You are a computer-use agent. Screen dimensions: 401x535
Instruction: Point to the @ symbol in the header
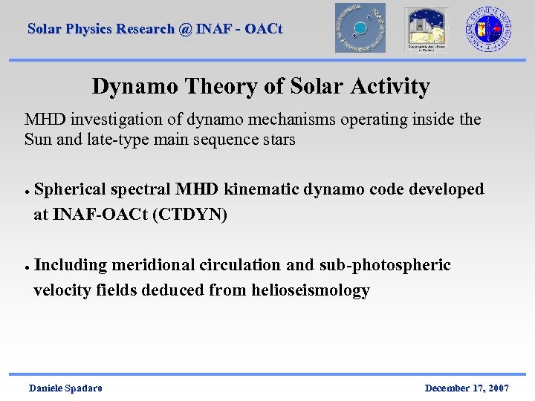[x=185, y=29]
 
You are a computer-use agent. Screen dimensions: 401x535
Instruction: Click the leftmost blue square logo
[x=360, y=28]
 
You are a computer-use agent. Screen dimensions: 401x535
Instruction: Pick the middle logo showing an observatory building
[x=426, y=29]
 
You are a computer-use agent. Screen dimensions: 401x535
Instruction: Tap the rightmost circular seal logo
[x=488, y=28]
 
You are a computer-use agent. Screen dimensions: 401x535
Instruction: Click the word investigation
[x=115, y=120]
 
